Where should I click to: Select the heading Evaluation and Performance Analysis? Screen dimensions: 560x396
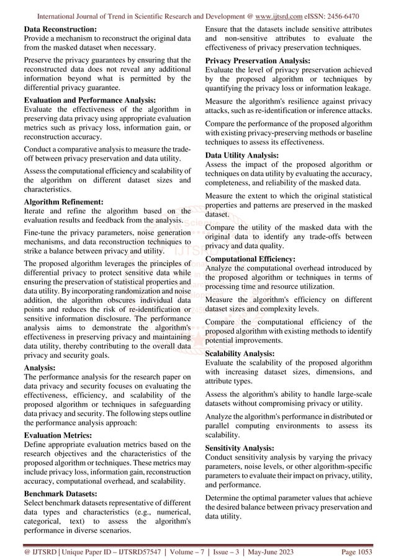pos(89,99)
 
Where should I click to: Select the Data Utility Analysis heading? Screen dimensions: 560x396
pos(242,155)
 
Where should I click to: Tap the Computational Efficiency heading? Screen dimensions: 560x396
pos(250,259)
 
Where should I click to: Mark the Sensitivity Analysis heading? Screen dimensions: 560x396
pos(241,448)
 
